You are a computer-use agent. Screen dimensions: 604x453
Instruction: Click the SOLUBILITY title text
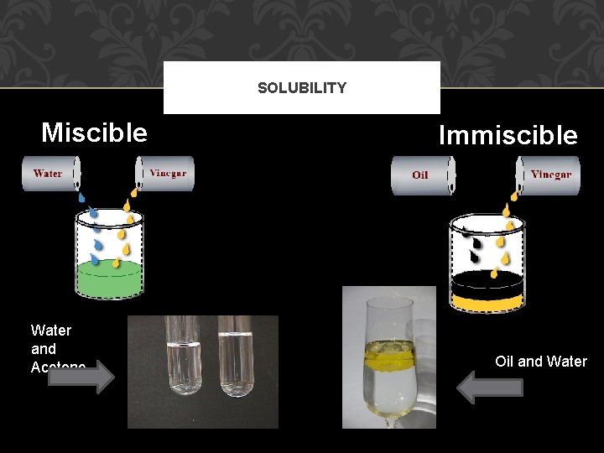301,88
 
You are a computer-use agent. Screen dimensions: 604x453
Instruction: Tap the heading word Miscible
94,133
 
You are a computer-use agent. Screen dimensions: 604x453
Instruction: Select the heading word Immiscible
508,135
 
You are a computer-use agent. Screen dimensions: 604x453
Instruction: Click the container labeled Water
50,174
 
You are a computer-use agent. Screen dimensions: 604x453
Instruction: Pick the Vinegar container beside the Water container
166,174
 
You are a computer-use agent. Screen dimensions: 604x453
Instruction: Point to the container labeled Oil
423,175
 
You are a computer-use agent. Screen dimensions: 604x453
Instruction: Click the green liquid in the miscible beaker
109,277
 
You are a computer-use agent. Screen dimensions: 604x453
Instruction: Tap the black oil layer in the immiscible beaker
487,280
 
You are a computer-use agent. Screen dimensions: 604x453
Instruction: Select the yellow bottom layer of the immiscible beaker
487,299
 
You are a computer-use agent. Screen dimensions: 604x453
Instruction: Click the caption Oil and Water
541,362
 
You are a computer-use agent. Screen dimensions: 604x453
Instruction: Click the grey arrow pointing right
81,377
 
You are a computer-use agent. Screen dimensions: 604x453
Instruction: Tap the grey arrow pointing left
492,388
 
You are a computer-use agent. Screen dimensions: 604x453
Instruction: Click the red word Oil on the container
420,175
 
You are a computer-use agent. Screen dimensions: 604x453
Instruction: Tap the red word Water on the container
48,174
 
